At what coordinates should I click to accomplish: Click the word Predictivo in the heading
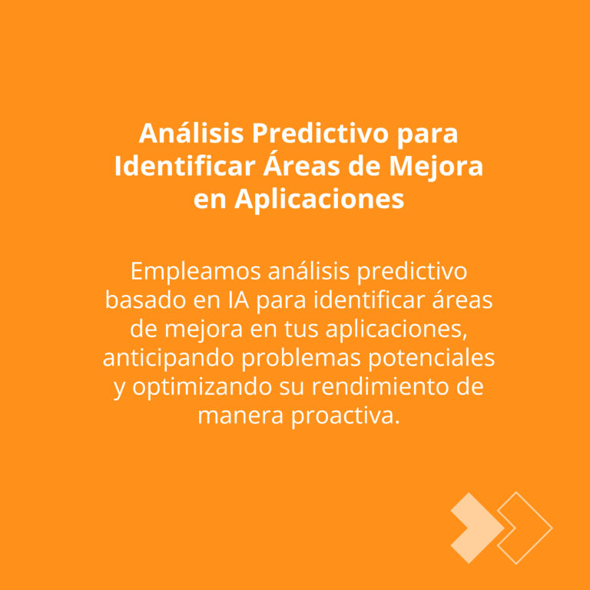[320, 133]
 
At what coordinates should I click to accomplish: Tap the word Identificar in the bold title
[185, 166]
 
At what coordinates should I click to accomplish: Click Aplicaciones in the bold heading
[319, 200]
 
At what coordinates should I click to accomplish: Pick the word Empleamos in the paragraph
[196, 272]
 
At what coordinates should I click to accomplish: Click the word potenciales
[431, 359]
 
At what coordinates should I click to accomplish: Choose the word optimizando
[202, 387]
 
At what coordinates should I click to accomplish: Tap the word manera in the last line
[240, 416]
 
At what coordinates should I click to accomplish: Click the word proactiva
[346, 417]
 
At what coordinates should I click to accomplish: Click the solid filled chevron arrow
[478, 528]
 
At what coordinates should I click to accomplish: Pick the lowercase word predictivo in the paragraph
[412, 272]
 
